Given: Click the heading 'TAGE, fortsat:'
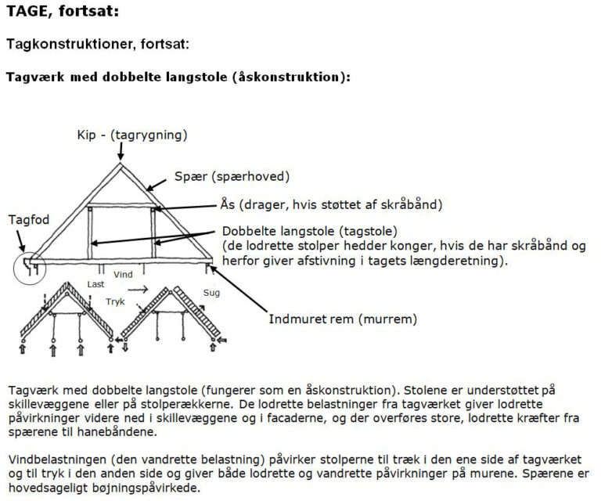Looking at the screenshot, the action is (x=63, y=12).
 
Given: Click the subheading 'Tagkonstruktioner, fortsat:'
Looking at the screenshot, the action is (x=98, y=44).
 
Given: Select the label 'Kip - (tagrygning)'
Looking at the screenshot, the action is (x=132, y=135).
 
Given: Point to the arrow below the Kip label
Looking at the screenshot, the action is (x=121, y=151).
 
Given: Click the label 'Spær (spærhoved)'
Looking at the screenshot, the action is (x=232, y=177).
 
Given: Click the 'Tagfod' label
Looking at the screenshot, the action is (x=29, y=220).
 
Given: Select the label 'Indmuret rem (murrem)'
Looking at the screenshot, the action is (x=343, y=319).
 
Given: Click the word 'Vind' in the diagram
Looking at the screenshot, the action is (x=123, y=275).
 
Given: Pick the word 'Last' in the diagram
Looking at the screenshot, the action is (x=95, y=284).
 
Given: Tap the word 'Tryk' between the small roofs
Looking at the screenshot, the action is (x=115, y=301).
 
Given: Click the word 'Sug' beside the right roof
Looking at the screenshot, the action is (x=211, y=293).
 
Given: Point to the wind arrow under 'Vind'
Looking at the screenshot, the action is (x=138, y=290).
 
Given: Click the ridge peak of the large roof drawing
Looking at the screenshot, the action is (x=121, y=164).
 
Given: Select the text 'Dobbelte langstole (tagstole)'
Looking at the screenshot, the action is (x=310, y=231).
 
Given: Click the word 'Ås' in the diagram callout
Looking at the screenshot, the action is (x=227, y=204).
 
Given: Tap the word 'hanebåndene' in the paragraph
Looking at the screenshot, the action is (x=117, y=432).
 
